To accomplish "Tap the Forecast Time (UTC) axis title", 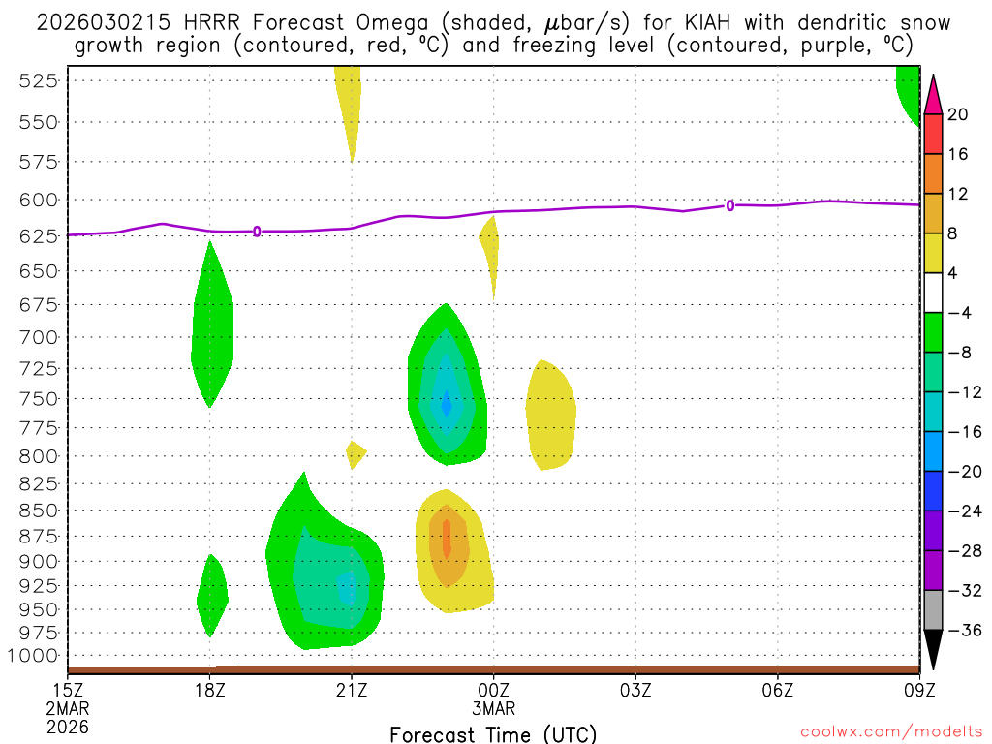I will [x=493, y=733].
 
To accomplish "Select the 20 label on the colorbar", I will [x=958, y=114].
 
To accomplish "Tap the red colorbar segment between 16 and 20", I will [x=933, y=134].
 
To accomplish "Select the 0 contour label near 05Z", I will [x=730, y=205].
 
